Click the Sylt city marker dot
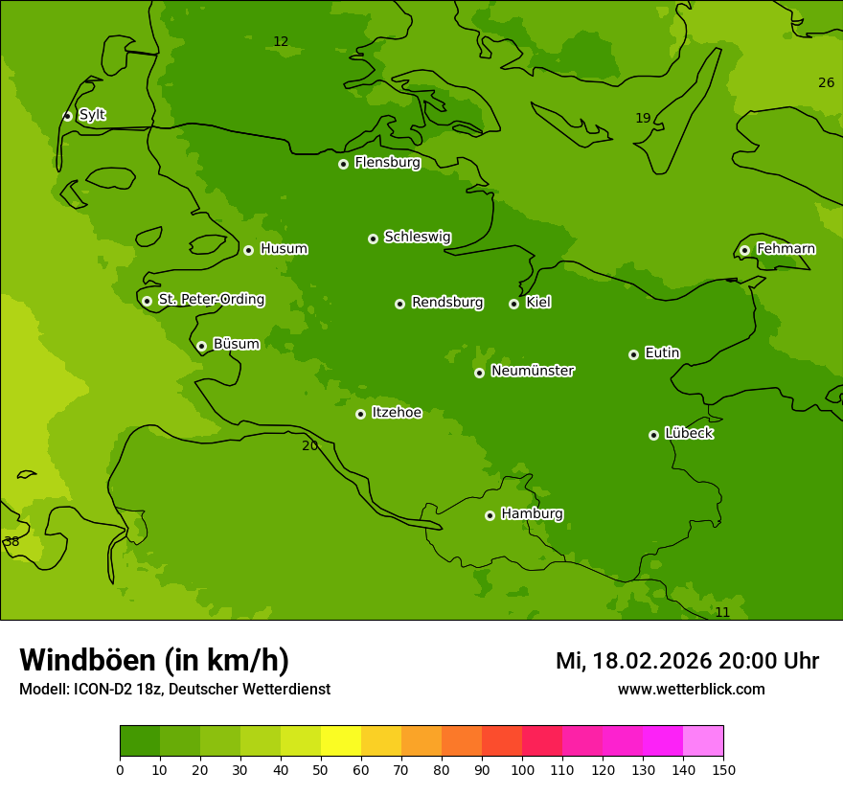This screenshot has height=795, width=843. point(67,116)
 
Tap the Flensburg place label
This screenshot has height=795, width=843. point(387,163)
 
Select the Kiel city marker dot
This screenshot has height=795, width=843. point(513,304)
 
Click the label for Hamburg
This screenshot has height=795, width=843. point(532,514)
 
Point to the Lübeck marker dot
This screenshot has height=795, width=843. point(653,435)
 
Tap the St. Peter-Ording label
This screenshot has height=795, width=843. point(211,300)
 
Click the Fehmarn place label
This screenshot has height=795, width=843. point(786,249)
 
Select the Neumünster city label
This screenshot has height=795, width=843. point(532,371)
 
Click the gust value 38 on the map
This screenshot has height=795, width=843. point(11,542)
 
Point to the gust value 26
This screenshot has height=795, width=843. point(826,83)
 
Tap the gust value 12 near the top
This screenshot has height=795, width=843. point(281,42)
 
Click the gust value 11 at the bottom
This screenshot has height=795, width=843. point(722,612)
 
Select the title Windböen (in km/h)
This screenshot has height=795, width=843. point(154,660)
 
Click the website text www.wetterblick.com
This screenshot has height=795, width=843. point(691,690)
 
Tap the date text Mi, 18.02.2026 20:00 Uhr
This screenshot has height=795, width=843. point(687,661)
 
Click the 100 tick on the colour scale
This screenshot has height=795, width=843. point(522,769)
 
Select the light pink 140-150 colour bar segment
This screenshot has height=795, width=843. point(703,741)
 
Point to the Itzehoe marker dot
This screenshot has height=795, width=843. point(360,414)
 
